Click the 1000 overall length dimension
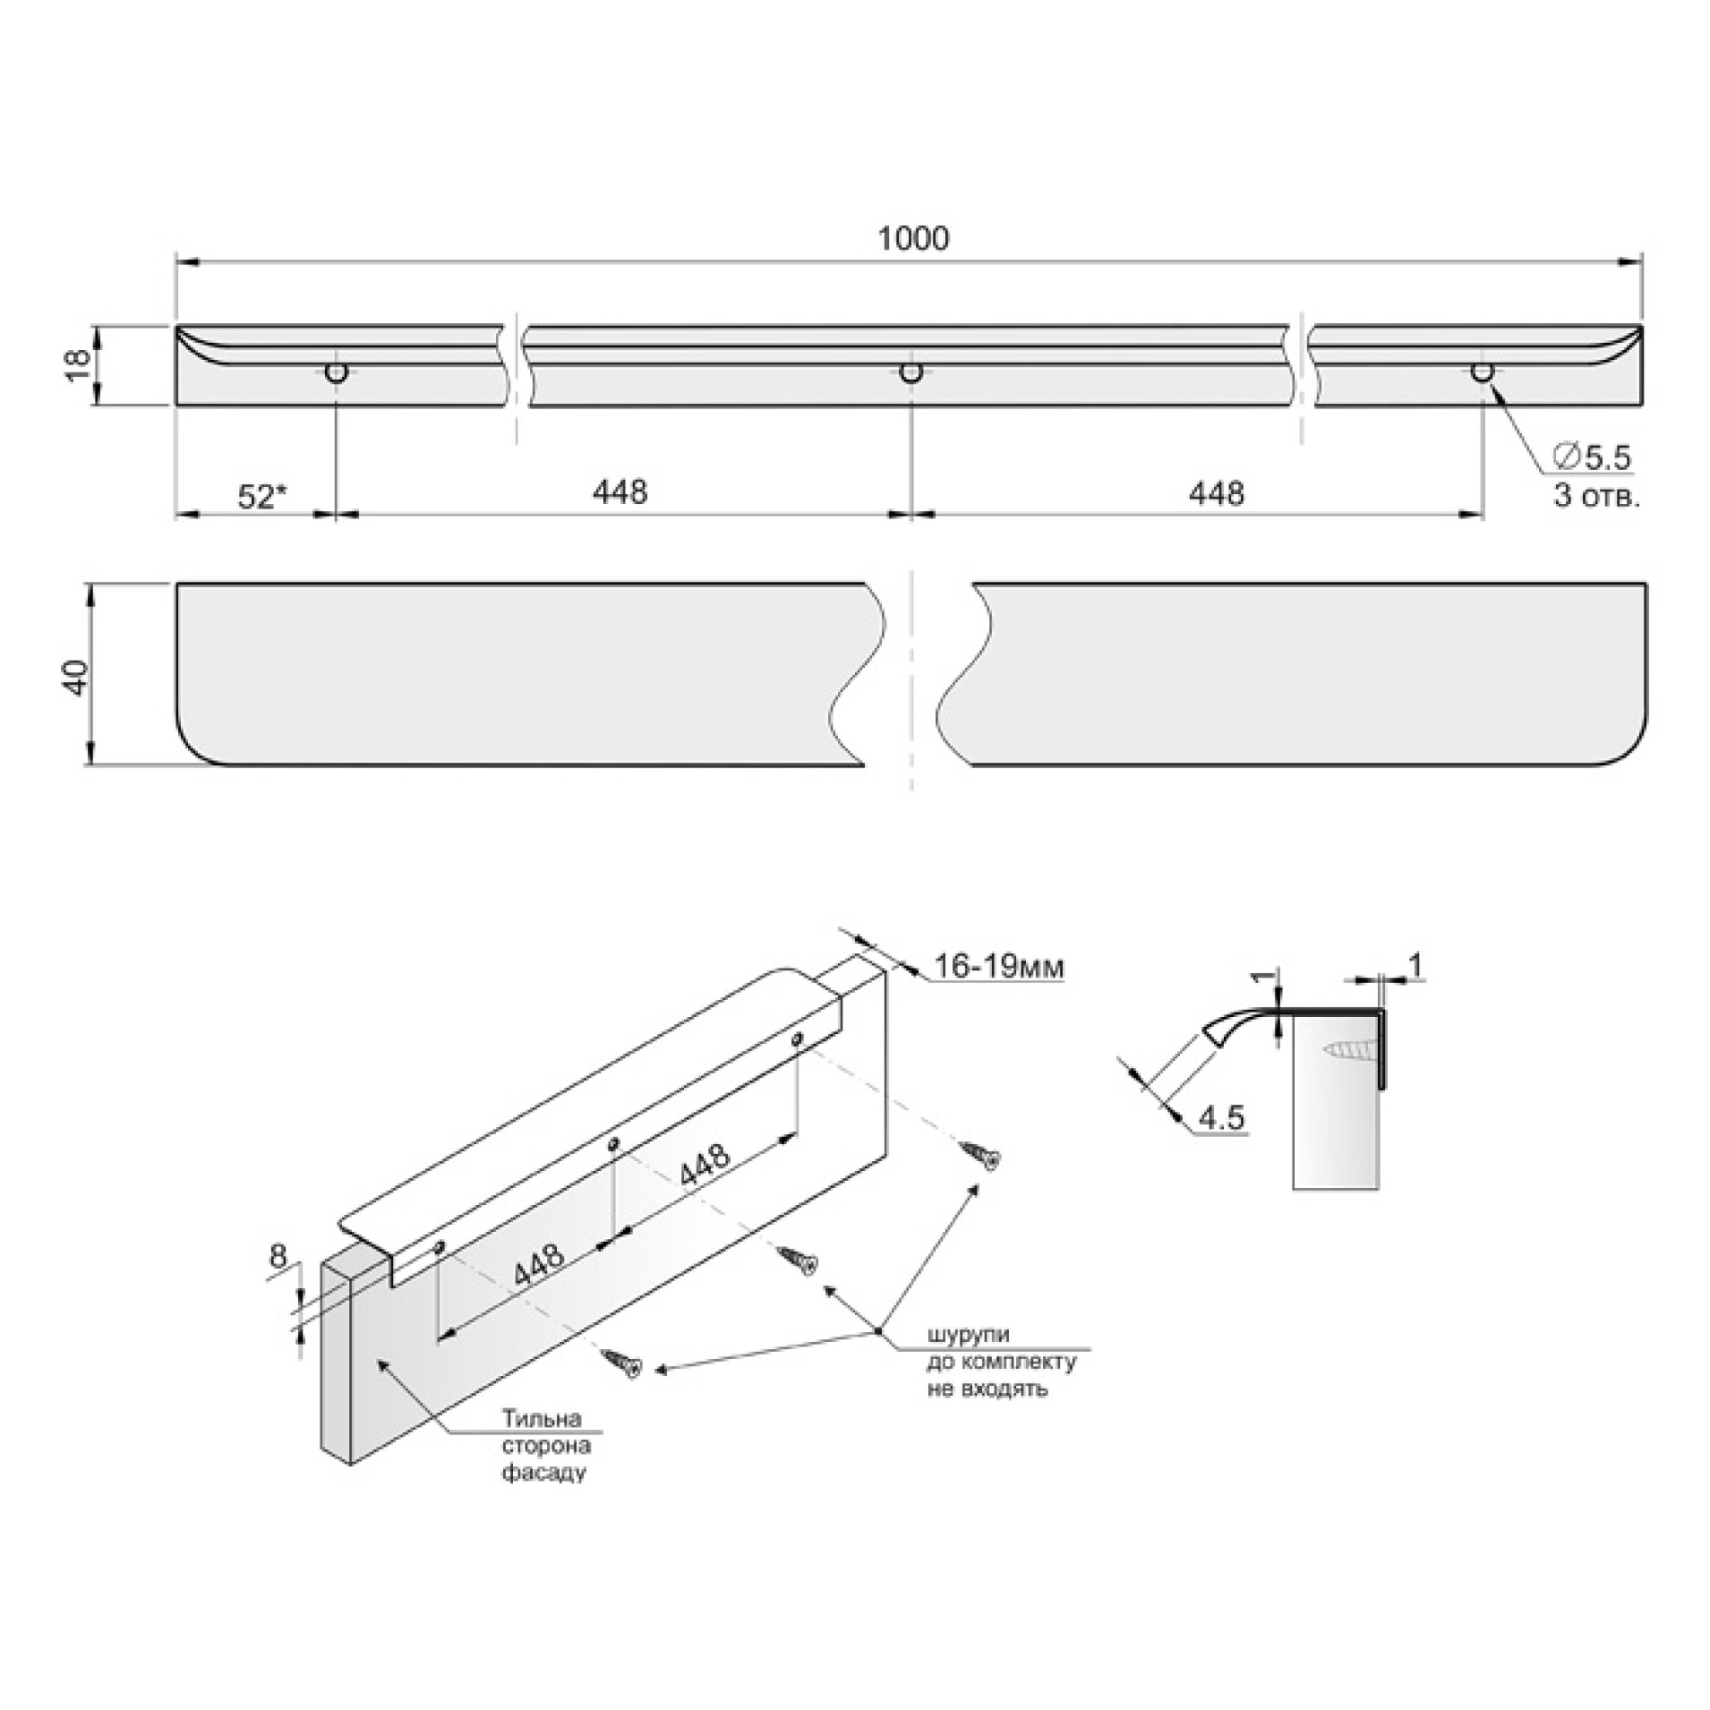[x=912, y=238]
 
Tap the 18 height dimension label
[x=78, y=365]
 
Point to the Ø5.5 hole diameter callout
[x=1591, y=458]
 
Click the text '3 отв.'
[x=1596, y=496]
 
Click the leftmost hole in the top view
[x=337, y=373]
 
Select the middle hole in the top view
[x=912, y=373]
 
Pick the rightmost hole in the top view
[x=1481, y=373]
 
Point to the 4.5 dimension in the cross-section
[x=1221, y=1118]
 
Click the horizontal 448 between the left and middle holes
[x=620, y=492]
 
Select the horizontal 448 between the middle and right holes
[x=1217, y=492]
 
